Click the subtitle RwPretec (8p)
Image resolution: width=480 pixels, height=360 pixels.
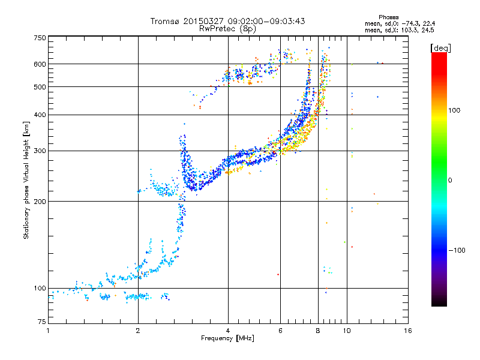pos(227,29)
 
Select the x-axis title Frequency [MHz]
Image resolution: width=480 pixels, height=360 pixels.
pos(227,338)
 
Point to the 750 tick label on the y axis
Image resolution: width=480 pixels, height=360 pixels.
pos(40,38)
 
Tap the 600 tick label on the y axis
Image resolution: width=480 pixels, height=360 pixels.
pos(40,64)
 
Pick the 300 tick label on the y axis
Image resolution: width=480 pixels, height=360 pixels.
pos(40,151)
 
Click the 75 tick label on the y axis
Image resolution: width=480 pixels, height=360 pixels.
pos(42,322)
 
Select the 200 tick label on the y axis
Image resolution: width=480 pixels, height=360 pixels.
pos(40,202)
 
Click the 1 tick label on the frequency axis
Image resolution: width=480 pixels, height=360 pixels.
pos(48,331)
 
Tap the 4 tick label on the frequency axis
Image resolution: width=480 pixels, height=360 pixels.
pos(228,331)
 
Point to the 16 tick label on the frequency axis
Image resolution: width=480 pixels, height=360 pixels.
pos(408,331)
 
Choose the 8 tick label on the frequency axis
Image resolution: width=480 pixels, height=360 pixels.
pos(318,331)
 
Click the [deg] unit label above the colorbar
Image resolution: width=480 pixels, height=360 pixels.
pos(440,48)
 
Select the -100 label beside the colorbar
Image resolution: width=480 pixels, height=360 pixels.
pos(457,250)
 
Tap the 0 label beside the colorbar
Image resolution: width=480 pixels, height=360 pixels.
pos(450,181)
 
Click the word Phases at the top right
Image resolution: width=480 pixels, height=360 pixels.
pos(388,17)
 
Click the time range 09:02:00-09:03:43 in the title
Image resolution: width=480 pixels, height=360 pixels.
pos(266,21)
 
